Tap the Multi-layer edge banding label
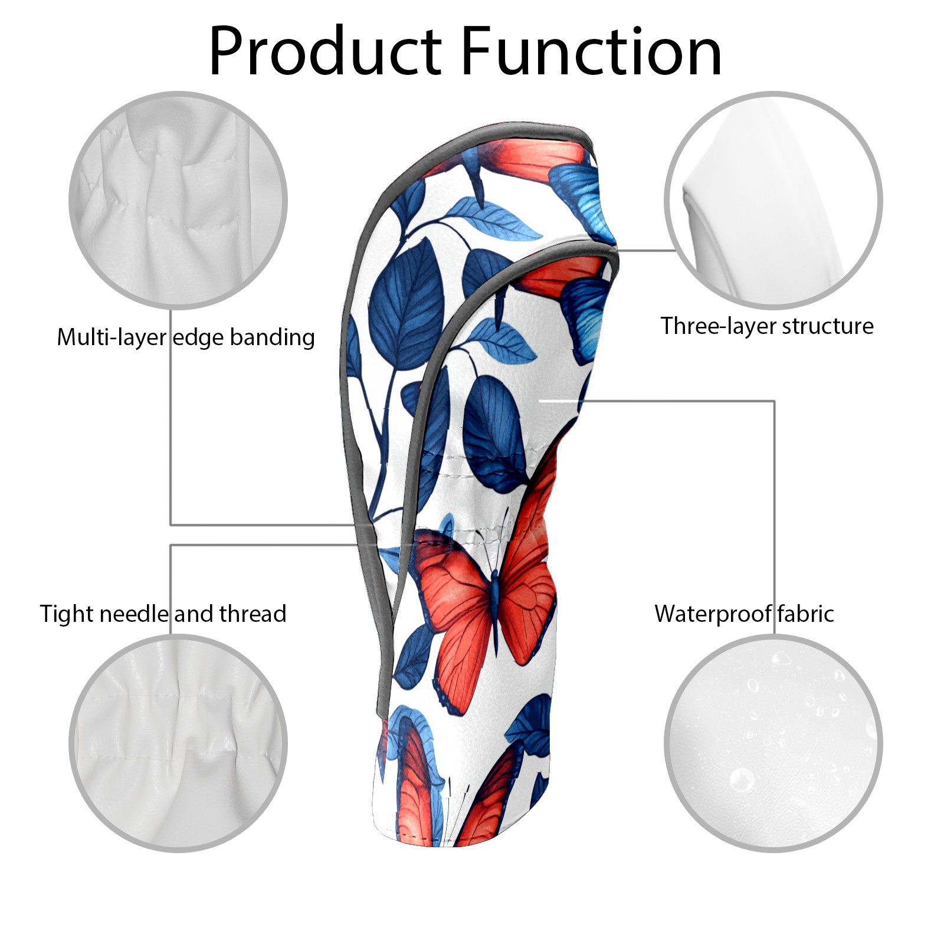186,337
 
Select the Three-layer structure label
767,326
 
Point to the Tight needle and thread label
163,614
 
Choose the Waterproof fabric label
744,614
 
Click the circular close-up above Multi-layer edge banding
178,200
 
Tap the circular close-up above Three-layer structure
773,200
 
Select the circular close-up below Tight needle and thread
178,743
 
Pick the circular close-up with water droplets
773,743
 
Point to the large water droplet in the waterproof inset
741,780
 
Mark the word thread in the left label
253,614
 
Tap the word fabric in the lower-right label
805,614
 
